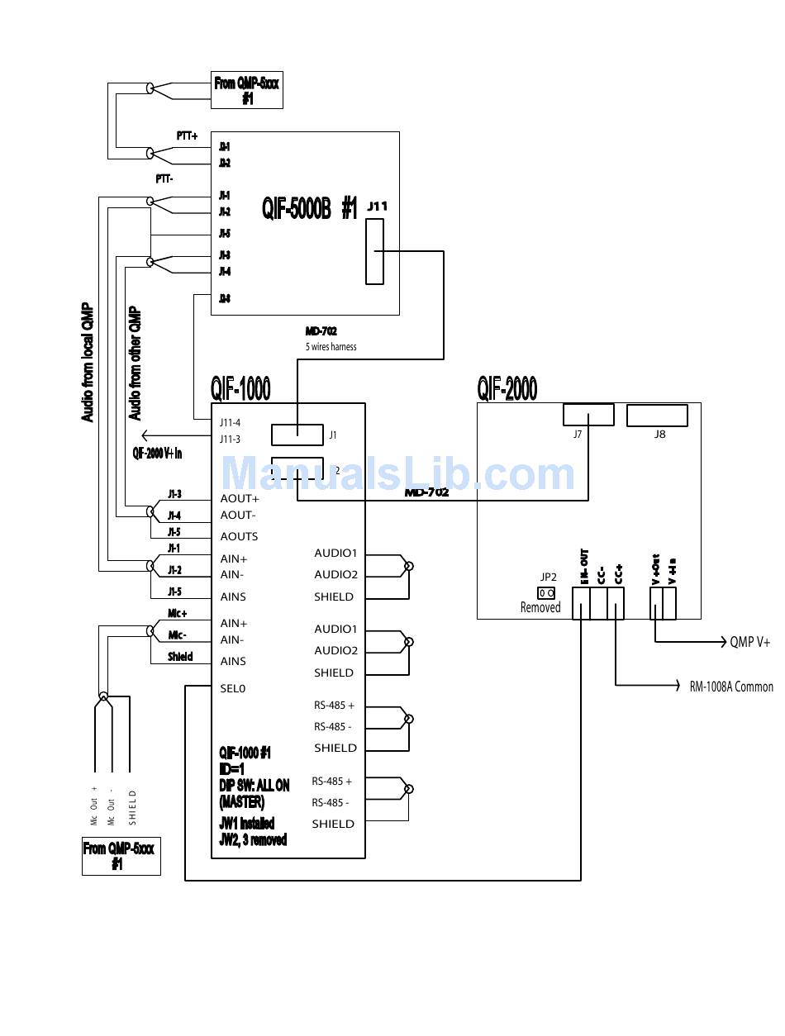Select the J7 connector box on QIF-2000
588,414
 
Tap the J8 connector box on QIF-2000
657,415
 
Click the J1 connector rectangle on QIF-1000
297,435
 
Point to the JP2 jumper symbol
546,593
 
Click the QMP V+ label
750,642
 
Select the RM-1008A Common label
731,687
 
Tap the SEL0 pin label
232,688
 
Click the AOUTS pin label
239,536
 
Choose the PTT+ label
187,135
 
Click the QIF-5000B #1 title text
310,208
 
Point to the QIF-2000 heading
507,387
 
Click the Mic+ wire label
178,614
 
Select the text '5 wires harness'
331,347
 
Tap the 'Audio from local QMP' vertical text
88,364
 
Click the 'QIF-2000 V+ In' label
157,453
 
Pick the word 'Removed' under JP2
540,608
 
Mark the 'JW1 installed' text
247,824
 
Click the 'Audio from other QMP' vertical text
136,364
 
